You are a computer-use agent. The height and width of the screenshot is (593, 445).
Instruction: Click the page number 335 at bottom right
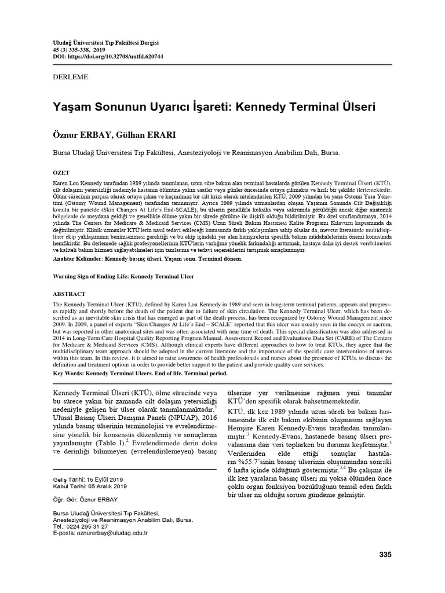tap(385, 554)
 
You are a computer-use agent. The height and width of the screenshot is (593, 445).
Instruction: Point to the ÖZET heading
tap(61, 173)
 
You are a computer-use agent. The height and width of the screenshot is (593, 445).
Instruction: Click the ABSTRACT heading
tap(70, 293)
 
